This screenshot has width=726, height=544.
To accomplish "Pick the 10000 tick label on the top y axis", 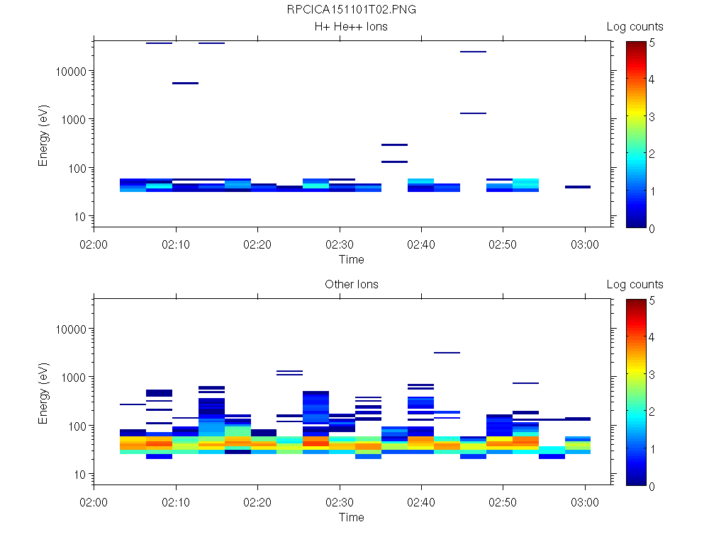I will coord(70,72).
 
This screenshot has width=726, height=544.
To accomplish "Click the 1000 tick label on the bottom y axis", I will coord(73,378).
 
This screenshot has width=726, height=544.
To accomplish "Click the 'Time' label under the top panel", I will coord(352,259).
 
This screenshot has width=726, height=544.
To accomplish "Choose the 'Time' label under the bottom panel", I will coord(352,517).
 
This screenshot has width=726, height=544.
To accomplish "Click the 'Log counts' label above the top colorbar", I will coord(635,27).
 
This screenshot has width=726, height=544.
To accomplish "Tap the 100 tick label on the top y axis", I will coord(76,169).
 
